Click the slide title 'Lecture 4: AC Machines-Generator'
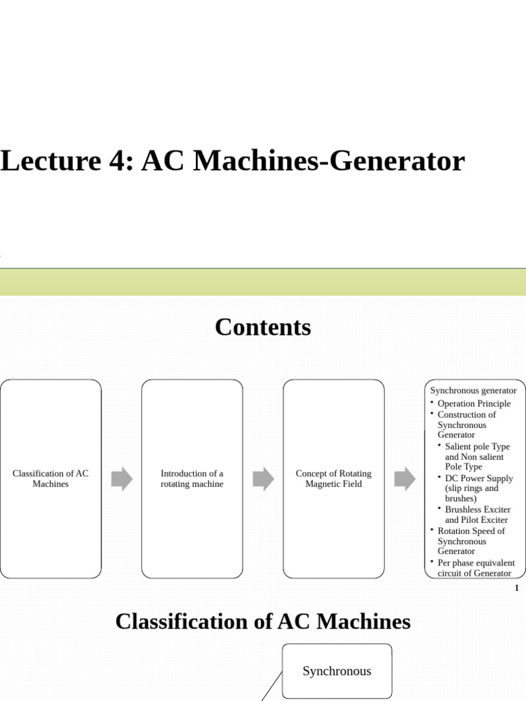coord(232,162)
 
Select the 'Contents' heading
coord(262,327)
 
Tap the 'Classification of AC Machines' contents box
coord(51,479)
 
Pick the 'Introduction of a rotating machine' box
coord(192,479)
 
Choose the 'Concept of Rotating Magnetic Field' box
coord(334,479)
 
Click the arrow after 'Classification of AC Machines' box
coord(121,479)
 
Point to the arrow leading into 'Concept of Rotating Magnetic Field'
coord(263,479)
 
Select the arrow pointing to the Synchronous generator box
coord(405,479)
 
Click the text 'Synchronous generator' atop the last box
coord(473,390)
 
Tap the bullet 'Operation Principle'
coord(474,403)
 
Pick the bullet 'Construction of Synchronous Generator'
coord(466,424)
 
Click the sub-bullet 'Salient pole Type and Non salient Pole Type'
coord(477,457)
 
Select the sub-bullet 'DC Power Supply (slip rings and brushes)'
coord(478,488)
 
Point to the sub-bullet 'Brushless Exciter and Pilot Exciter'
coord(477,515)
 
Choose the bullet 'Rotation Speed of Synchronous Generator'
coord(471,541)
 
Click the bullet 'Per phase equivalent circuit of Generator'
coord(476,568)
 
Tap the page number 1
coord(516,589)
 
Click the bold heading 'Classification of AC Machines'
coord(262,622)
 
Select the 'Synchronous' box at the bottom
coord(337,671)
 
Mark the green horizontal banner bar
coord(263,282)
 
